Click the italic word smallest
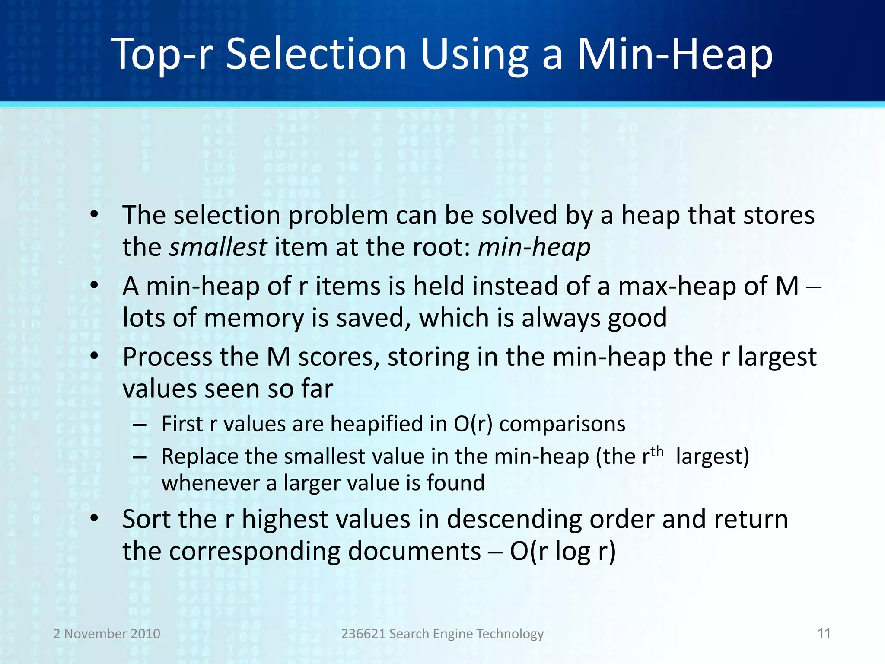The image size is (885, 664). [218, 247]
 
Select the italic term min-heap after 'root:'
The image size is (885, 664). [534, 247]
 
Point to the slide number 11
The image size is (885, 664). [824, 633]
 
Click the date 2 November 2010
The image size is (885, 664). [107, 634]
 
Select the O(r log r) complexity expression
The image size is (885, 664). [563, 551]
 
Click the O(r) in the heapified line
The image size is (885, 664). [473, 424]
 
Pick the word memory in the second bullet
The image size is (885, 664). [254, 318]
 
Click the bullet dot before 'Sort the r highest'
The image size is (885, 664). [95, 518]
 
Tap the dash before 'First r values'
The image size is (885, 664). [140, 425]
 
